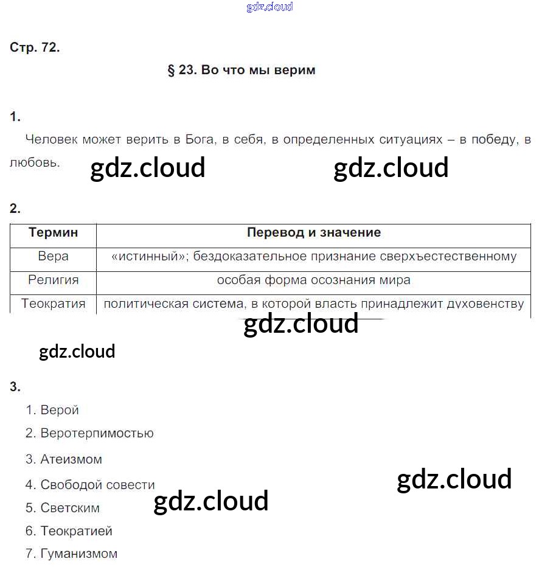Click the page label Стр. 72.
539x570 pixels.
coord(35,48)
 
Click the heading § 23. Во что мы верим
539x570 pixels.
coord(241,70)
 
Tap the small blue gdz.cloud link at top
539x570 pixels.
coord(269,7)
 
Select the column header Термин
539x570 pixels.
coord(54,232)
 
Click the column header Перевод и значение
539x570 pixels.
coord(314,232)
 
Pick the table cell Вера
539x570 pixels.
coord(54,256)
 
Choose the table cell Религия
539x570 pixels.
coord(54,280)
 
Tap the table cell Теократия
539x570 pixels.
coord(54,304)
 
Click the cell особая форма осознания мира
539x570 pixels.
coord(314,280)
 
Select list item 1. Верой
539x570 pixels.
coord(52,410)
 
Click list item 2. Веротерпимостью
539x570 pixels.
coord(89,433)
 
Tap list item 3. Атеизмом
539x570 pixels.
coord(64,459)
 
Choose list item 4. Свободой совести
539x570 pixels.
coord(90,485)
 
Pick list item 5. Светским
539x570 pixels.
coord(63,508)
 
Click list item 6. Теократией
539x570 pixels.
coord(69,531)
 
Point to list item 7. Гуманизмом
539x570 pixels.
coord(71,554)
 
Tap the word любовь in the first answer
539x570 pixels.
coord(34,162)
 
